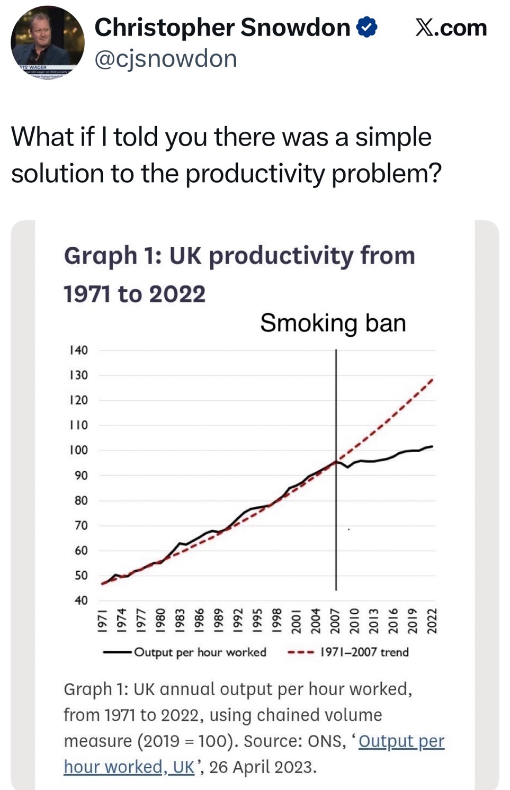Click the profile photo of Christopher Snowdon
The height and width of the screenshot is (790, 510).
[47, 43]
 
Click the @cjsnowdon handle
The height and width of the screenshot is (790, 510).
[166, 59]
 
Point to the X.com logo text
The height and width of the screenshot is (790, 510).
[451, 27]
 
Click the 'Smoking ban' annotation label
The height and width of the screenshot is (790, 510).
[333, 322]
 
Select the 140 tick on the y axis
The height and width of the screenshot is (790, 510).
[78, 350]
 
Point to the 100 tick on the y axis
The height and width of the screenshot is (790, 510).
[78, 450]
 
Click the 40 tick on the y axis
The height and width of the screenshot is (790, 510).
[80, 600]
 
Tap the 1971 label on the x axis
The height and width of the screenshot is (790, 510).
[104, 621]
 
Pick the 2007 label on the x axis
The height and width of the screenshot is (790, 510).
[335, 621]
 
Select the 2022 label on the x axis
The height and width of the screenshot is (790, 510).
[432, 621]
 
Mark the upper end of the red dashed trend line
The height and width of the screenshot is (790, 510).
[433, 379]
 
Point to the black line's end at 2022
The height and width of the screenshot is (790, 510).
[432, 446]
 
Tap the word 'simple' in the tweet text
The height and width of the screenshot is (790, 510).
[393, 137]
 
